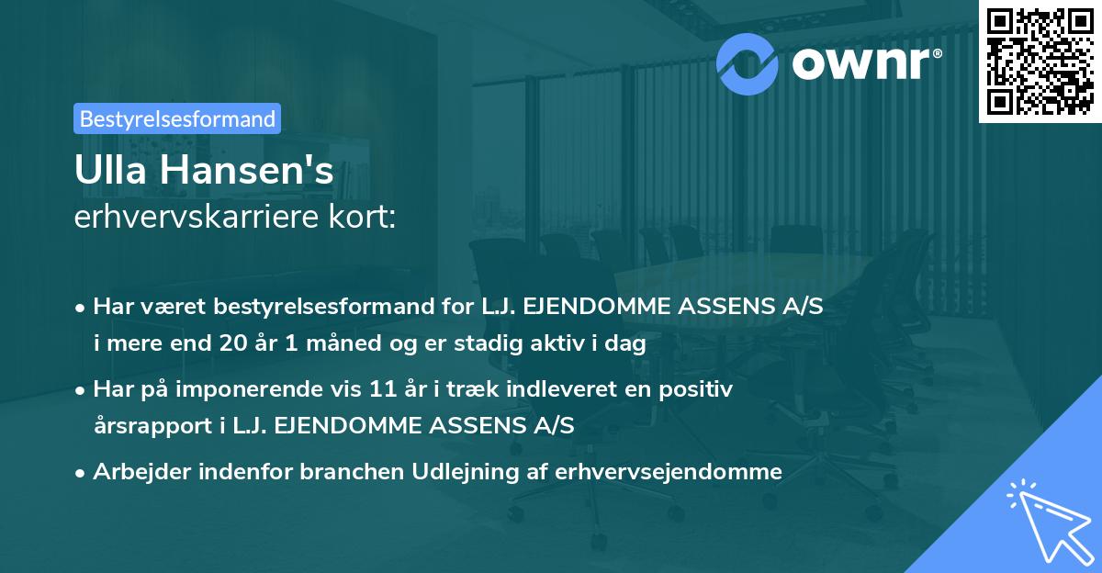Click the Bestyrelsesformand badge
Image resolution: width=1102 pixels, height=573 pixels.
click(177, 118)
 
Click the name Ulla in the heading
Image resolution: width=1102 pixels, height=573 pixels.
click(109, 171)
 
